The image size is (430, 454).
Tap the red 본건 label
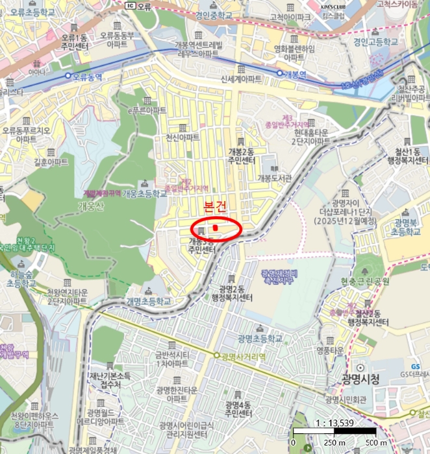pyautogui.click(x=215, y=208)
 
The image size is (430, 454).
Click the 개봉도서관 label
pyautogui.click(x=275, y=177)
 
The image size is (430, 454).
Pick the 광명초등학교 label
pyautogui.click(x=260, y=339)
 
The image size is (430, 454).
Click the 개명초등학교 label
pyautogui.click(x=148, y=302)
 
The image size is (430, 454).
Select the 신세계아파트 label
pyautogui.click(x=241, y=78)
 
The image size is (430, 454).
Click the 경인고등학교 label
pyautogui.click(x=376, y=40)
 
